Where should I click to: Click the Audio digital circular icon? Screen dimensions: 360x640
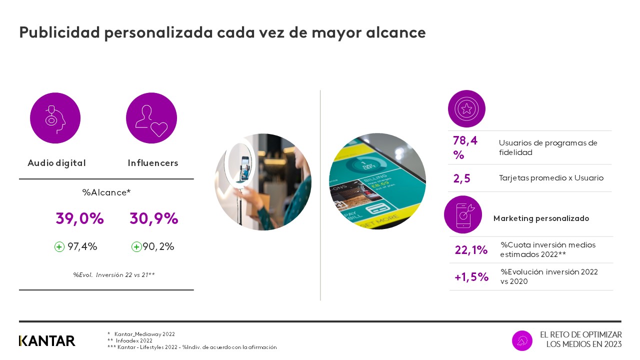(x=55, y=118)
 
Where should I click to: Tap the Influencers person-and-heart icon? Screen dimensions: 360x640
(x=151, y=118)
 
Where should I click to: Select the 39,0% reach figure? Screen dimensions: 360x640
(x=79, y=219)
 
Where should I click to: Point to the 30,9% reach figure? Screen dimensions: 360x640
(x=154, y=219)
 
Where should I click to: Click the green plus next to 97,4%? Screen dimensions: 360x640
(x=59, y=246)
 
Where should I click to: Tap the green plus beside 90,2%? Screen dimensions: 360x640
(x=136, y=246)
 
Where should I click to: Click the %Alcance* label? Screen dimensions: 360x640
(x=106, y=192)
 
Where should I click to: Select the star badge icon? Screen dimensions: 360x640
(x=466, y=109)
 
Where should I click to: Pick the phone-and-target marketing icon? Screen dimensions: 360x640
(x=463, y=214)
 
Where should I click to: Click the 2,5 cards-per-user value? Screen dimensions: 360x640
(x=461, y=178)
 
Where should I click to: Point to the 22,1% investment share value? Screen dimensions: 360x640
(x=471, y=250)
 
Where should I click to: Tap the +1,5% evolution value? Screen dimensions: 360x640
(x=471, y=277)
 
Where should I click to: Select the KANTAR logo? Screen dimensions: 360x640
(x=47, y=340)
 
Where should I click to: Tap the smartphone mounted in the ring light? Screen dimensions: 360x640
(x=245, y=164)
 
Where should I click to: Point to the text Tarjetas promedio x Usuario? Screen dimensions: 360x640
(x=551, y=178)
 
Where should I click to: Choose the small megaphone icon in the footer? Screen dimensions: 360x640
(x=522, y=340)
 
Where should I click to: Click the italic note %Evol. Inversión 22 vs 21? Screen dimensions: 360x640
(x=113, y=274)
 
